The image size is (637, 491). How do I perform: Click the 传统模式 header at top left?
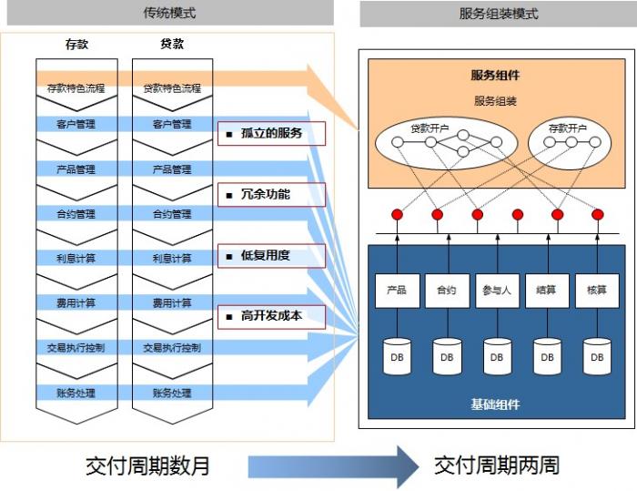pyautogui.click(x=169, y=14)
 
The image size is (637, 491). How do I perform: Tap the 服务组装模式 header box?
pyautogui.click(x=498, y=14)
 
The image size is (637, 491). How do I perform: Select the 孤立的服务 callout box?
pyautogui.click(x=271, y=134)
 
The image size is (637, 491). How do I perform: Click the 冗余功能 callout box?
pyautogui.click(x=271, y=194)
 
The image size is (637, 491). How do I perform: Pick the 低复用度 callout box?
pyautogui.click(x=271, y=255)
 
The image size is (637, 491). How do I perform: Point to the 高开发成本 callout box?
pyautogui.click(x=271, y=316)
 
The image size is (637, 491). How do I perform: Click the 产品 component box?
pyautogui.click(x=397, y=291)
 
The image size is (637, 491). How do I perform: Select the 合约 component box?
pyautogui.click(x=447, y=291)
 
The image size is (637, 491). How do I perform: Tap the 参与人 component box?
pyautogui.click(x=497, y=291)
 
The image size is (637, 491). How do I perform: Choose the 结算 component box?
pyautogui.click(x=547, y=291)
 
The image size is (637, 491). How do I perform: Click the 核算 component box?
pyautogui.click(x=597, y=291)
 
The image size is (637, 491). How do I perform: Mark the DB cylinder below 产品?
pyautogui.click(x=397, y=357)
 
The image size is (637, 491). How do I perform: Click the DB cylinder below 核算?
pyautogui.click(x=597, y=357)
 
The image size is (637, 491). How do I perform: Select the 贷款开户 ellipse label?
pyautogui.click(x=430, y=128)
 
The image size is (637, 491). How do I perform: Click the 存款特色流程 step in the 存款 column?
pyautogui.click(x=76, y=88)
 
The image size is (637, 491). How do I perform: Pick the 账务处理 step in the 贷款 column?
pyautogui.click(x=172, y=394)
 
